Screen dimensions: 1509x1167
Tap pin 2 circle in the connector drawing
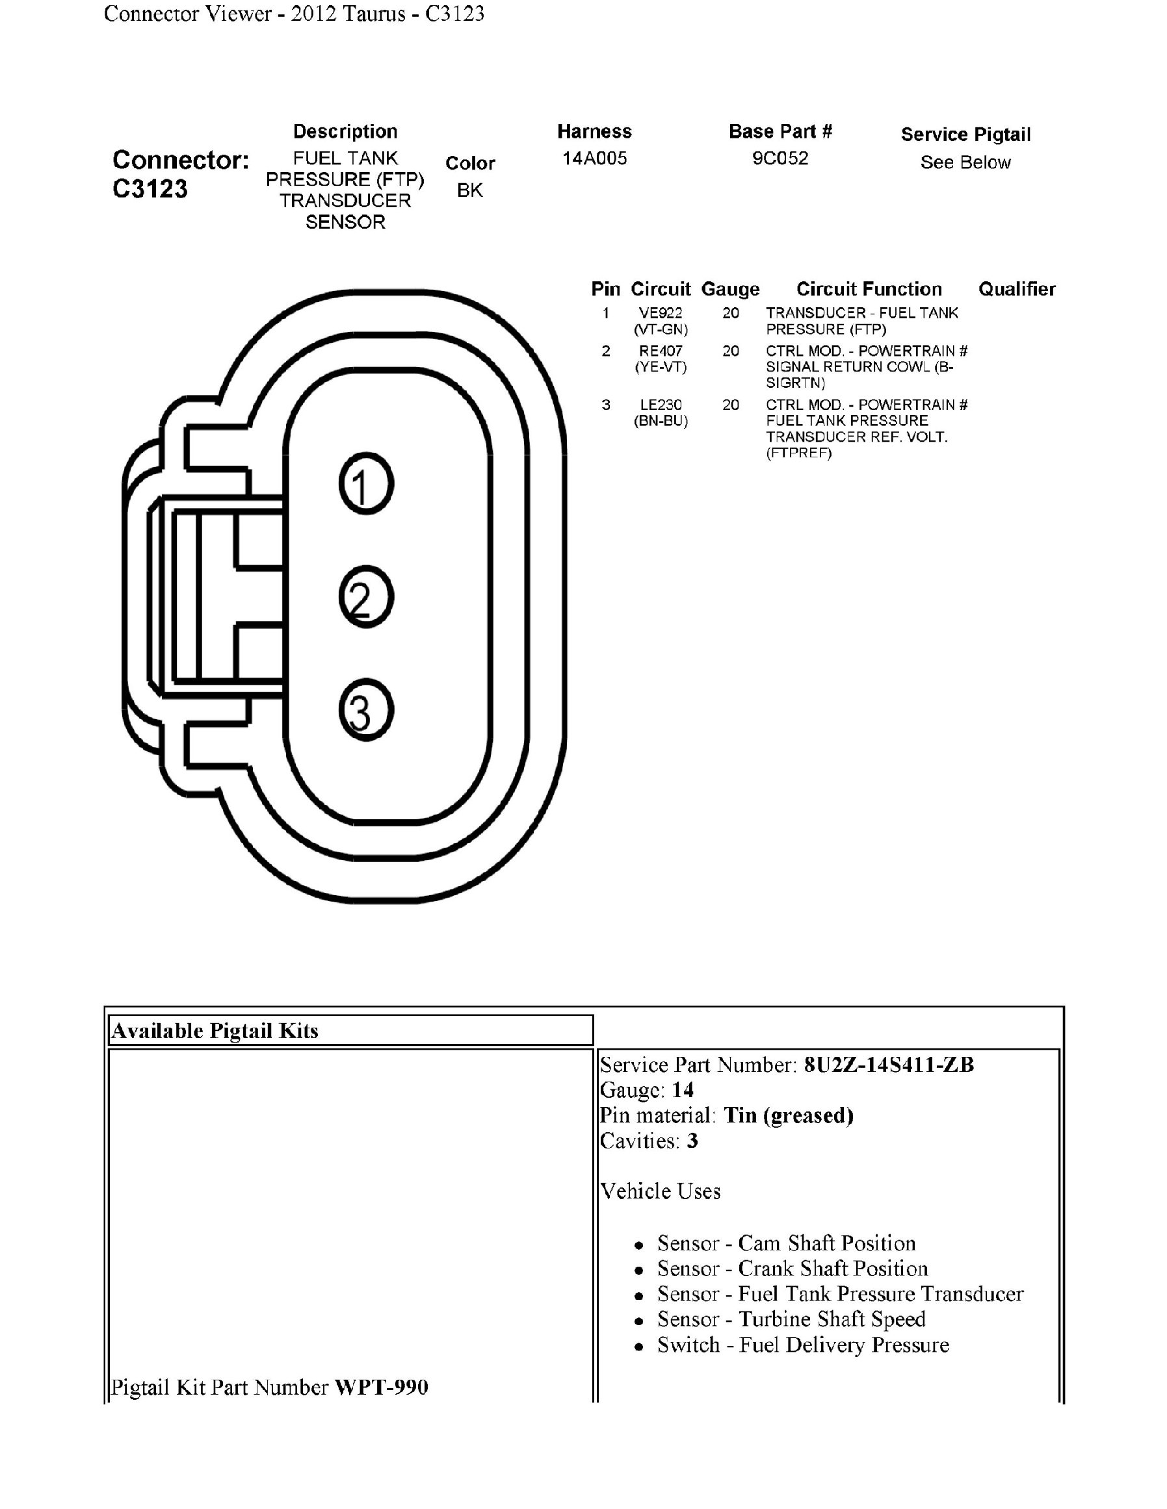point(366,597)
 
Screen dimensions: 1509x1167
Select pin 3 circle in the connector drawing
point(366,710)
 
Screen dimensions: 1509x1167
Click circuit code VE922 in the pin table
point(661,313)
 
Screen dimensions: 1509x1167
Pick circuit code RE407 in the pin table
point(661,351)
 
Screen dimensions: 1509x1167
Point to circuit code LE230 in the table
point(661,405)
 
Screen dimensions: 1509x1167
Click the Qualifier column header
point(1016,289)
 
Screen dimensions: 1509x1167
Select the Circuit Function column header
point(869,289)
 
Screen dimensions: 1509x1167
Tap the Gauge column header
point(730,289)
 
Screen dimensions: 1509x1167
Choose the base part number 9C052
point(780,159)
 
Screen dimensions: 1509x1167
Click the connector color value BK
point(470,190)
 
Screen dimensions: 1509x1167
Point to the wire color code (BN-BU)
point(661,421)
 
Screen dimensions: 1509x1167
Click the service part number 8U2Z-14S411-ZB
point(888,1065)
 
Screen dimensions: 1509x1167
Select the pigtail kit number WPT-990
point(382,1388)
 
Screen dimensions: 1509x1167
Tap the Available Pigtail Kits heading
point(215,1031)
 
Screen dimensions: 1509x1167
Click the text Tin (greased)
point(788,1115)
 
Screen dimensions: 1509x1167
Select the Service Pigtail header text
point(965,134)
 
